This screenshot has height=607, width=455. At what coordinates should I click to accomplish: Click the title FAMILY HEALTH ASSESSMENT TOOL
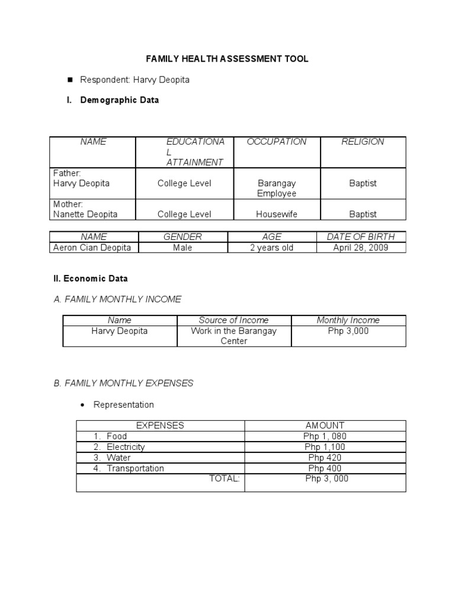[227, 59]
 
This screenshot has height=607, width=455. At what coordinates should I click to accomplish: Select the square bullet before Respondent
[70, 79]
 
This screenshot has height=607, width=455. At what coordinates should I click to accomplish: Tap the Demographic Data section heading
[119, 100]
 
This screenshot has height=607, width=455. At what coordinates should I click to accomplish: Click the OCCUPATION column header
[277, 142]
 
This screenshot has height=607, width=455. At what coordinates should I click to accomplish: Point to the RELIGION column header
[363, 142]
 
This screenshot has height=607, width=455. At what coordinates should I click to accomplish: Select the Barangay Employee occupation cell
[277, 189]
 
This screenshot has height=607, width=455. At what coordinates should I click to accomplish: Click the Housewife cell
[277, 214]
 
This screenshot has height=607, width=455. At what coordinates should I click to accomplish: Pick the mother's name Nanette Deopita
[85, 214]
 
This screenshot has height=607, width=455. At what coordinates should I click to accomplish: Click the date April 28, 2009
[361, 248]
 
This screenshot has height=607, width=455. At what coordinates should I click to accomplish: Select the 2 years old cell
[271, 248]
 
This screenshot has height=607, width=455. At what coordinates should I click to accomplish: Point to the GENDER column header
[182, 237]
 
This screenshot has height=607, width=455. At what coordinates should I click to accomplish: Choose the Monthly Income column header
[348, 320]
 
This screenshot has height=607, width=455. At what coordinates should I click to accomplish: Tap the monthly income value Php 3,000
[348, 331]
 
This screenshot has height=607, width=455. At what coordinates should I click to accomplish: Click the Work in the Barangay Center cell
[233, 336]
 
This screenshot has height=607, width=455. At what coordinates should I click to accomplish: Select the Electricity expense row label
[126, 447]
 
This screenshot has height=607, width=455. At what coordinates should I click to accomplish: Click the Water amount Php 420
[325, 458]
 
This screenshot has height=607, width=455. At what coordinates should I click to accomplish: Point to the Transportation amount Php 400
[325, 468]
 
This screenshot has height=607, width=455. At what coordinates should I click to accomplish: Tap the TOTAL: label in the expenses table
[225, 479]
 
